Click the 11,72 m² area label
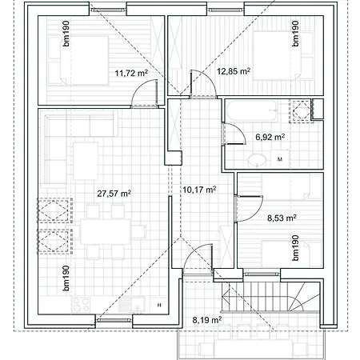click(131, 73)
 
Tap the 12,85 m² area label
click(234, 71)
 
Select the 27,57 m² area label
click(114, 194)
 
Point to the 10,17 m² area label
click(199, 190)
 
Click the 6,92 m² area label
click(270, 137)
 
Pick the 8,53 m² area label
click(282, 218)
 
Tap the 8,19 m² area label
click(207, 320)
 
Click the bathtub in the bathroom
click(252, 110)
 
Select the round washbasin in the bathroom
click(257, 161)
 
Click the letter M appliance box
click(280, 159)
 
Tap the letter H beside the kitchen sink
click(159, 306)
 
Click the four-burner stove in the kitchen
click(81, 305)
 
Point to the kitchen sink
click(131, 305)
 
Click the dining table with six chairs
click(106, 231)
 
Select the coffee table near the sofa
click(86, 161)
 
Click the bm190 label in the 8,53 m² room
click(295, 248)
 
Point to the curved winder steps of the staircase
click(303, 297)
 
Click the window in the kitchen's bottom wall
click(114, 320)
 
